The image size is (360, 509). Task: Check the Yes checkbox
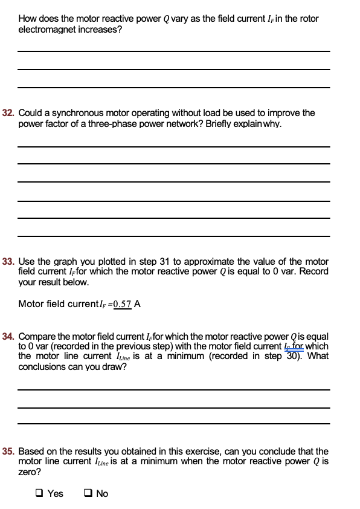coord(39,494)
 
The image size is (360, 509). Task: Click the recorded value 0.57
coord(123,304)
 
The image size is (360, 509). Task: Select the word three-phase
coord(221,123)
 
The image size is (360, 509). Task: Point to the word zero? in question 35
coord(30,472)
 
